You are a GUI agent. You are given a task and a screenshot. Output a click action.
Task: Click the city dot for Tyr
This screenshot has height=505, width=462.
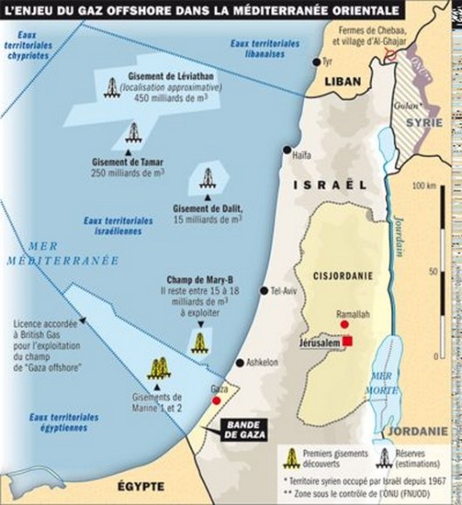click(317, 61)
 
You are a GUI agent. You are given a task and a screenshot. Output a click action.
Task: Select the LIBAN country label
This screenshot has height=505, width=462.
click(341, 81)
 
